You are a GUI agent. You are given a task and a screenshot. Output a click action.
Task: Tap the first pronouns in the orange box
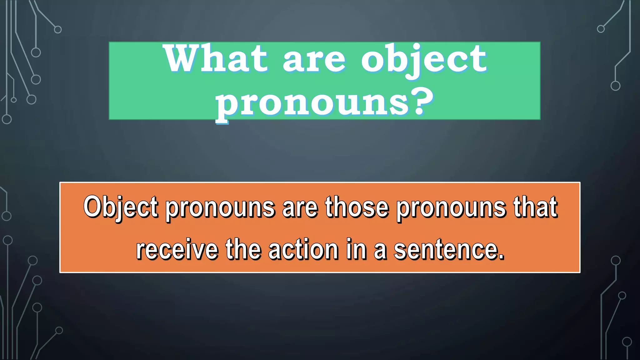[x=220, y=208]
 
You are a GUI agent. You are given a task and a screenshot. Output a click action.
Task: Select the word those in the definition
[x=357, y=207]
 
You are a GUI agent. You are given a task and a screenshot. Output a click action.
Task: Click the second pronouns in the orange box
[x=451, y=208]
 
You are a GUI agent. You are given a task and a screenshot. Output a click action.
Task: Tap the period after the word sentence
[x=501, y=257]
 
